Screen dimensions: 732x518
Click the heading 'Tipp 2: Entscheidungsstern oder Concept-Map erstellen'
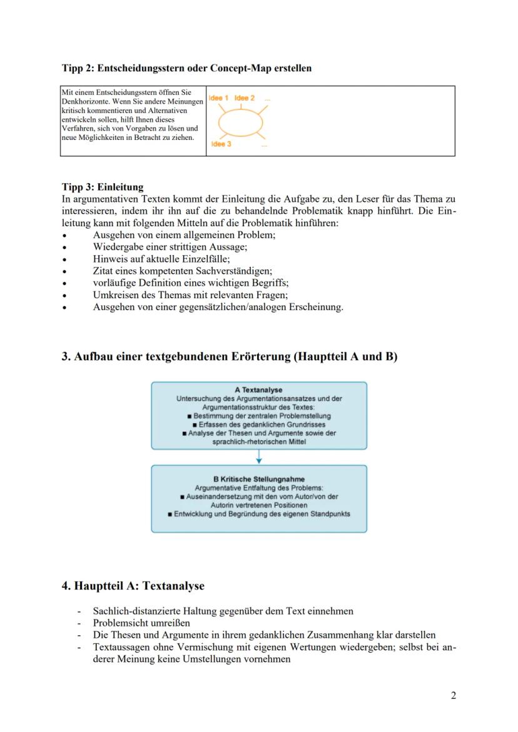(x=186, y=68)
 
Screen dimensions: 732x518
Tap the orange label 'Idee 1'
(x=219, y=98)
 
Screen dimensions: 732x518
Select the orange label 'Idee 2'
(x=245, y=98)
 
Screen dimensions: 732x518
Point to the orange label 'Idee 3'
(x=222, y=144)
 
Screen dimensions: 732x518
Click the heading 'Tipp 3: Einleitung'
(x=103, y=187)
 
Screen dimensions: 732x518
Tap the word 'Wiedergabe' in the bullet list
(x=116, y=247)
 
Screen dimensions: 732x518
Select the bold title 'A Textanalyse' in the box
(x=258, y=390)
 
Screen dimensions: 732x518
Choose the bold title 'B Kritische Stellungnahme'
(x=258, y=479)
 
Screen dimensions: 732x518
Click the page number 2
(x=453, y=696)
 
